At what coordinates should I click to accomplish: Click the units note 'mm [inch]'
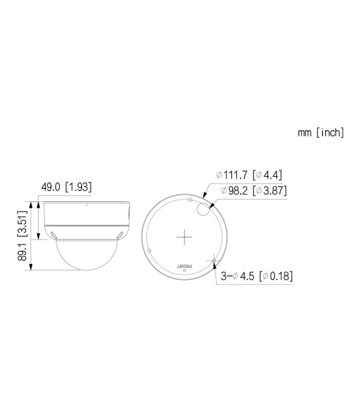click(x=321, y=132)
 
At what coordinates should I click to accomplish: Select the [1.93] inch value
click(x=81, y=187)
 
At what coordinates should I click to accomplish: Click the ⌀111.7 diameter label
click(x=232, y=175)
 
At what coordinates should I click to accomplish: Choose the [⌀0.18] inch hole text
click(x=276, y=276)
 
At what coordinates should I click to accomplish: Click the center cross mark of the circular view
click(x=184, y=237)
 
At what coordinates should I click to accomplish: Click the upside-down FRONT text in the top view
click(x=184, y=262)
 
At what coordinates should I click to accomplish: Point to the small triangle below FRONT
click(x=184, y=270)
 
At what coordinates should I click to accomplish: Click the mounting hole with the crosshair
click(x=214, y=260)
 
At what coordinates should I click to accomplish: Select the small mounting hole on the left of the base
click(x=148, y=251)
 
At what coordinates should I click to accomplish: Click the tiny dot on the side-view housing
click(x=86, y=205)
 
